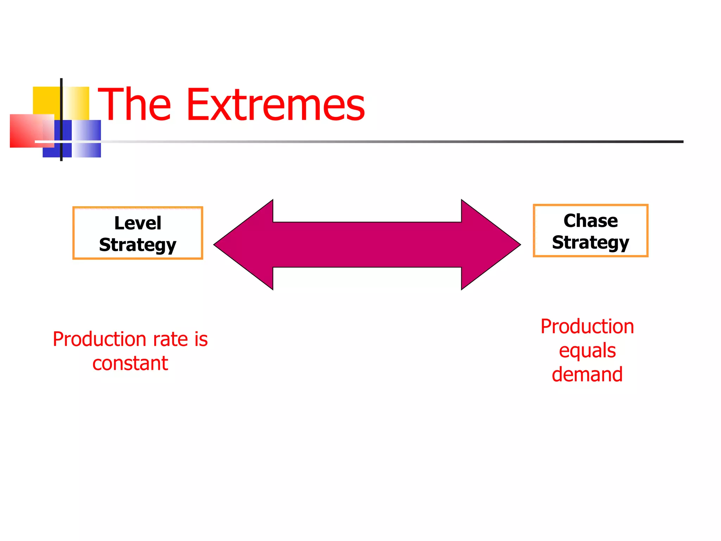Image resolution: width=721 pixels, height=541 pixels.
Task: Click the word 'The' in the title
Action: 134,105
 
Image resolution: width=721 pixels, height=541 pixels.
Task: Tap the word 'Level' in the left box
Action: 138,223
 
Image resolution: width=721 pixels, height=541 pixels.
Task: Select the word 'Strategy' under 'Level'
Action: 138,245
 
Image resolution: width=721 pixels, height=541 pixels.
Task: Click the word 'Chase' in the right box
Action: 590,221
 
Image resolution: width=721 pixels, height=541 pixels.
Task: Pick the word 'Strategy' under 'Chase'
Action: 590,243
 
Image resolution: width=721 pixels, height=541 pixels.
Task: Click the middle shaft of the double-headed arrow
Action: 367,244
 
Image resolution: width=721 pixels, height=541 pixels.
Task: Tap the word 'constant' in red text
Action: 130,363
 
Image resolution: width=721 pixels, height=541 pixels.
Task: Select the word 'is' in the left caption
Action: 201,339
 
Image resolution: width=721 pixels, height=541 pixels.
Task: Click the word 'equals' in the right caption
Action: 587,351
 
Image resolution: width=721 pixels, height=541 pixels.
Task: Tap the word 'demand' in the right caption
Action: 587,374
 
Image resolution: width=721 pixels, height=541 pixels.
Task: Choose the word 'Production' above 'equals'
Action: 587,327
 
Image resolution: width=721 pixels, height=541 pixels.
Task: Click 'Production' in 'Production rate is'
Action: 100,339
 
